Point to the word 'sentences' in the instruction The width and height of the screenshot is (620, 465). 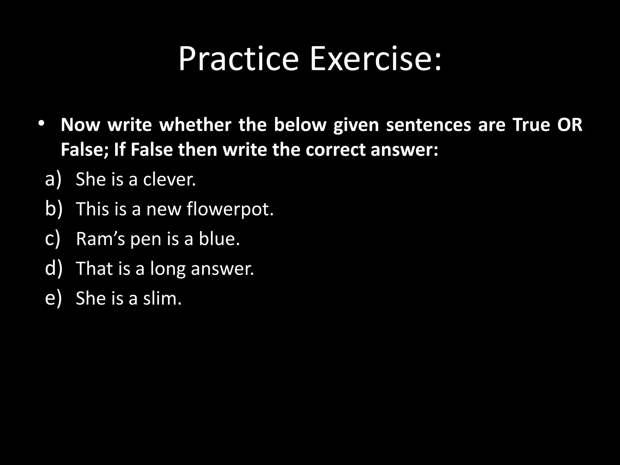[428, 125]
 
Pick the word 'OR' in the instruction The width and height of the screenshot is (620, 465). [570, 125]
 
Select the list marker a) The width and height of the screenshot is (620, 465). [53, 179]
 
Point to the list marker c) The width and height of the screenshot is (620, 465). [53, 239]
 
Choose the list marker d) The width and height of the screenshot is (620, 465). [54, 268]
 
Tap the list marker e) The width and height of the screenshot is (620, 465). [53, 298]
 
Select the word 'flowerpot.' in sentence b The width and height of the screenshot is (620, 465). [230, 209]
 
